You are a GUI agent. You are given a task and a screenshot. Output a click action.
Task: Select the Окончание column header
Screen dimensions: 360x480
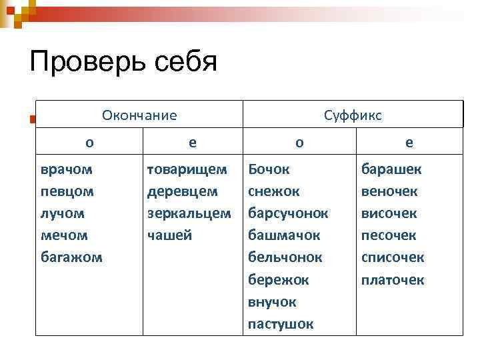(139, 115)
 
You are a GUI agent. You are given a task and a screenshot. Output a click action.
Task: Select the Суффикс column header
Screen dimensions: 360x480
(353, 115)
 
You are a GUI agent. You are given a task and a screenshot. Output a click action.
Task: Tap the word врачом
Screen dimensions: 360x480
(67, 169)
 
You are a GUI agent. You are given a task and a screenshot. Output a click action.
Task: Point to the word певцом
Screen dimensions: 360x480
(67, 191)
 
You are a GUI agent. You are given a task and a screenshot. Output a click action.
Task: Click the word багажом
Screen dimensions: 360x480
(71, 257)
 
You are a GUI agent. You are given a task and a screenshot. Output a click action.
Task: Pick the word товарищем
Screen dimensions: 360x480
(187, 169)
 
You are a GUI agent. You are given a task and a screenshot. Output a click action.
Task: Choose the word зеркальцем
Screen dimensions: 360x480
(189, 213)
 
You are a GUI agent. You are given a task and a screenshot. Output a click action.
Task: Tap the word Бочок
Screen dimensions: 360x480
(269, 169)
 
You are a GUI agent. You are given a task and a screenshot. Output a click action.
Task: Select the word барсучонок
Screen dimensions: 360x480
(288, 213)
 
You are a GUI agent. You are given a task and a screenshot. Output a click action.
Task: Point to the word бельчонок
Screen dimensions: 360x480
(285, 257)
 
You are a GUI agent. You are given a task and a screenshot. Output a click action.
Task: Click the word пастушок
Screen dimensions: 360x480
(280, 324)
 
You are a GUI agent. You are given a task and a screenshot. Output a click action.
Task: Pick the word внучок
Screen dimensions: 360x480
(272, 302)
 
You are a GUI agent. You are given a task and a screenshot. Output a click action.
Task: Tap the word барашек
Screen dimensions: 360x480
(391, 169)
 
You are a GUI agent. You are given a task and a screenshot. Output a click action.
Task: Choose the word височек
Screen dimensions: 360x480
(389, 213)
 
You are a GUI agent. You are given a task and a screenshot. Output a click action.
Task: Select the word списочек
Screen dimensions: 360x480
(393, 257)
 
